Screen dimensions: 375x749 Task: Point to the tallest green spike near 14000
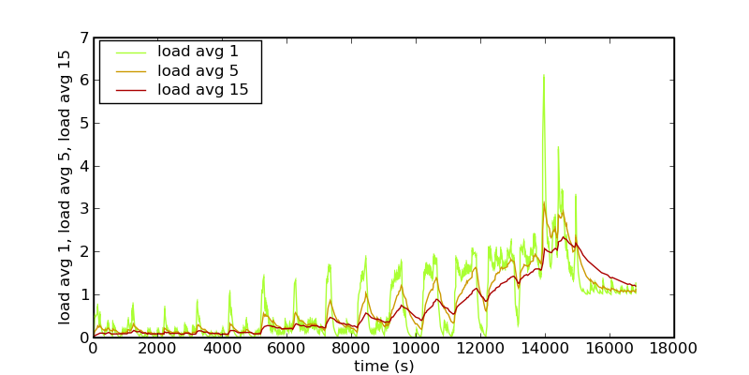(x=543, y=76)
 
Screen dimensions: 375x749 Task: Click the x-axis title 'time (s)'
(x=383, y=366)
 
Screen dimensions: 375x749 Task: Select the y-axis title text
(x=65, y=187)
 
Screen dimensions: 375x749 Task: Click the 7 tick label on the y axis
(x=84, y=38)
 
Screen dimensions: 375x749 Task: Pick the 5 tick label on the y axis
(x=84, y=124)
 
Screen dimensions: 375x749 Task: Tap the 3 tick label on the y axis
(x=84, y=209)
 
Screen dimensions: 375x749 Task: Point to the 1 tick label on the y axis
(x=84, y=295)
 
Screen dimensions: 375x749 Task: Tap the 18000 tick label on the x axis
(x=673, y=349)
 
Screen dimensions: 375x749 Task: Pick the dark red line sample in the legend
(x=127, y=90)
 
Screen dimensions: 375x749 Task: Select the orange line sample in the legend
(x=127, y=70)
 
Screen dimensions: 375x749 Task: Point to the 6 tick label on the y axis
(x=84, y=81)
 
